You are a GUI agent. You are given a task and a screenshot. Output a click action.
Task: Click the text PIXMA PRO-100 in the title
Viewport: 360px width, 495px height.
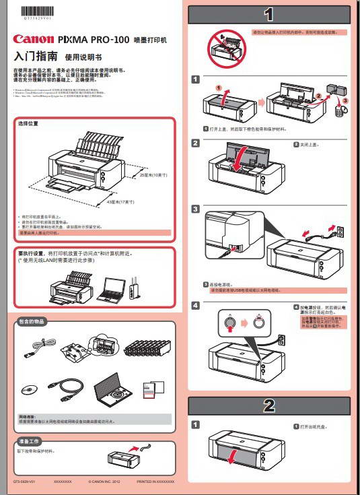(94, 40)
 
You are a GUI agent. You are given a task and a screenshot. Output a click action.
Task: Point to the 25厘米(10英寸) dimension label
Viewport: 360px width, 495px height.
(153, 175)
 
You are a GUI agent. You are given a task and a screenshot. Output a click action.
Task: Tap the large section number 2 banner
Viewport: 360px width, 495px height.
(269, 405)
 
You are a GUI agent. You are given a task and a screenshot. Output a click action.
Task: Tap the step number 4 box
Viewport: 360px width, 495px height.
(195, 306)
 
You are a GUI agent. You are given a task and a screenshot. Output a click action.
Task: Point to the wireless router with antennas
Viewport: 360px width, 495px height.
(133, 288)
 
